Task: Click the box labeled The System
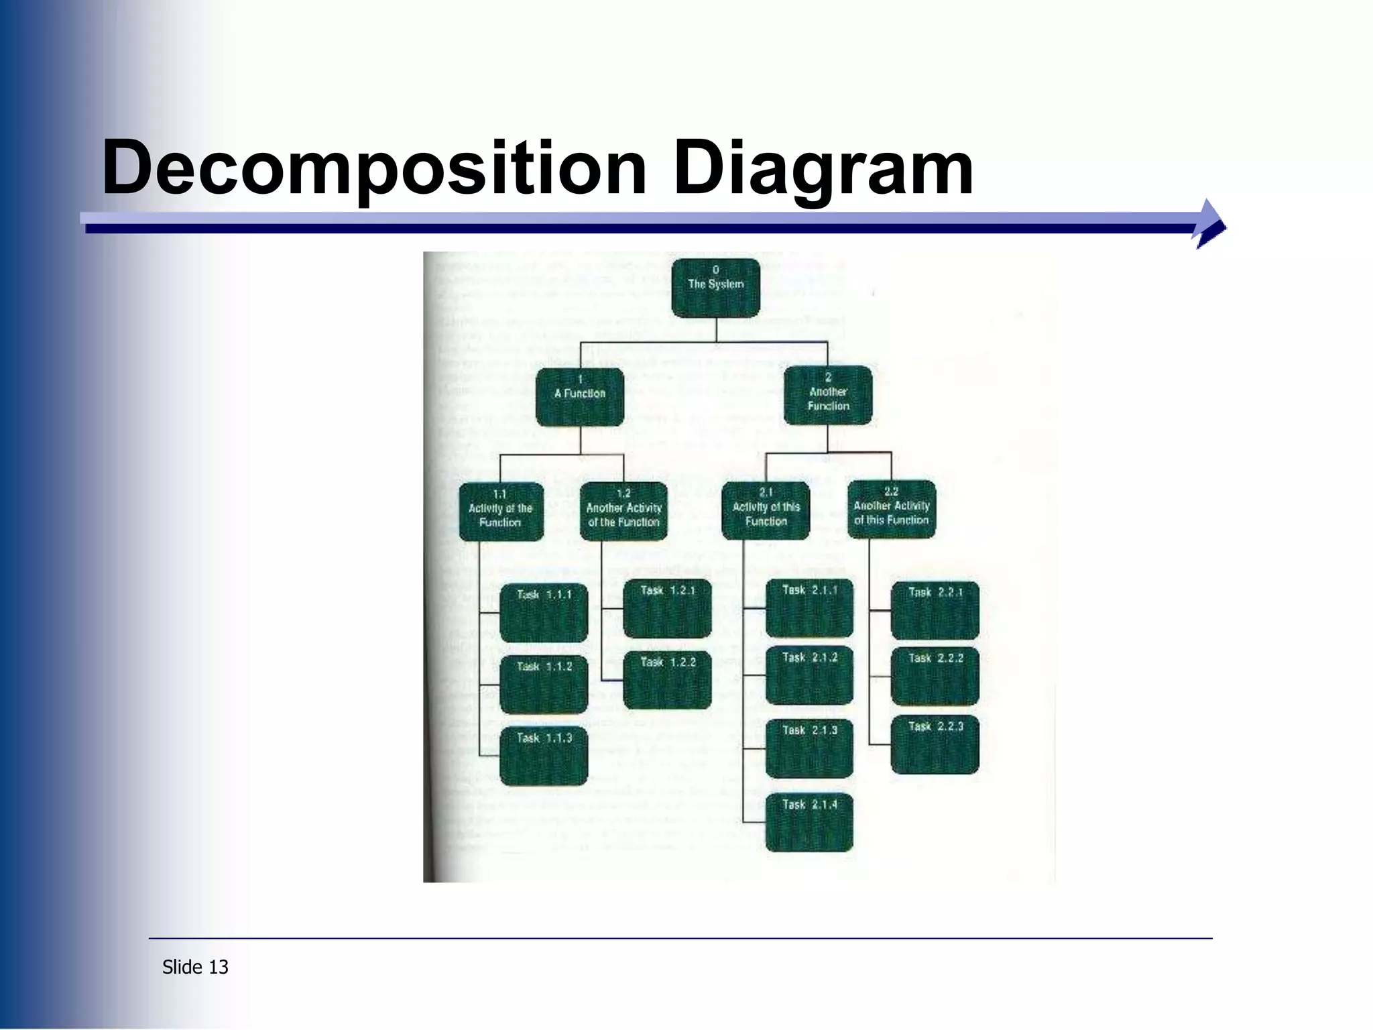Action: coord(715,288)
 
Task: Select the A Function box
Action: coord(580,396)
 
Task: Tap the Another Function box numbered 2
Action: coord(828,396)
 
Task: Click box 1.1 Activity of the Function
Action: coord(501,512)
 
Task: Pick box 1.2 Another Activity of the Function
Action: coord(623,511)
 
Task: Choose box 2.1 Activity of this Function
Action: coord(766,510)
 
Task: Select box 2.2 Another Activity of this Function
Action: coord(891,509)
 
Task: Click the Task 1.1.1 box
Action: coord(544,612)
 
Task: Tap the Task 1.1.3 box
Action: coord(544,756)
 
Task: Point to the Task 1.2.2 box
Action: coord(667,679)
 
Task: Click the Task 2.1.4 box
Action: coord(809,822)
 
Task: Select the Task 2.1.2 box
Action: coord(809,675)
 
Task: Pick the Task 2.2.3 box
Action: coord(935,744)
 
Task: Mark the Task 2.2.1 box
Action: coord(935,610)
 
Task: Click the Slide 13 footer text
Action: coord(195,967)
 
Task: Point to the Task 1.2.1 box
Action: coord(667,608)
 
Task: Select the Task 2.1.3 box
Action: coord(809,748)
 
